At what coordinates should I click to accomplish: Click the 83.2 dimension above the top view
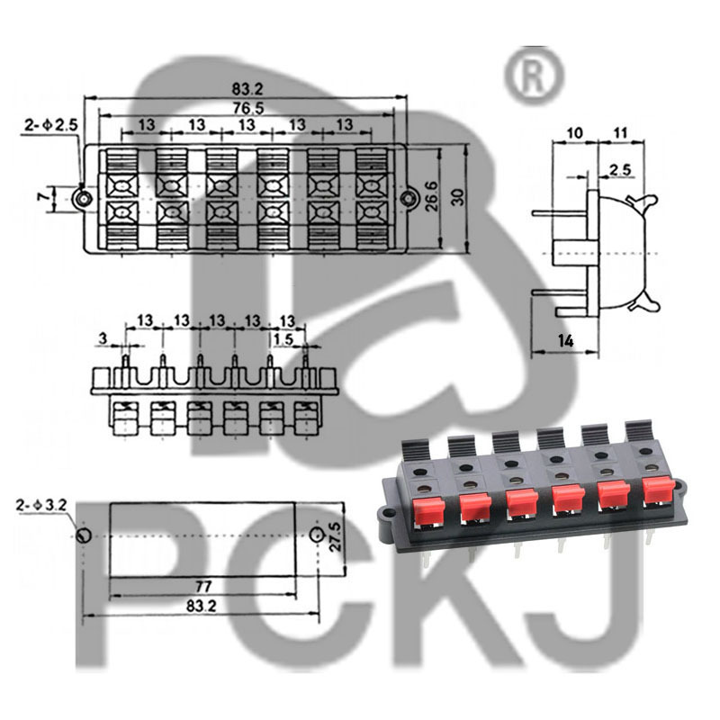coord(246,89)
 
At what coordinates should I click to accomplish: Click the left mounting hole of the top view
coord(84,197)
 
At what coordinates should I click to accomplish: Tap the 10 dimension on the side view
coord(573,133)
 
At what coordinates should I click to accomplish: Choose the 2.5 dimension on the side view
coord(620,169)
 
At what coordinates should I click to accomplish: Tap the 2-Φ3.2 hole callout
coord(40,506)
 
